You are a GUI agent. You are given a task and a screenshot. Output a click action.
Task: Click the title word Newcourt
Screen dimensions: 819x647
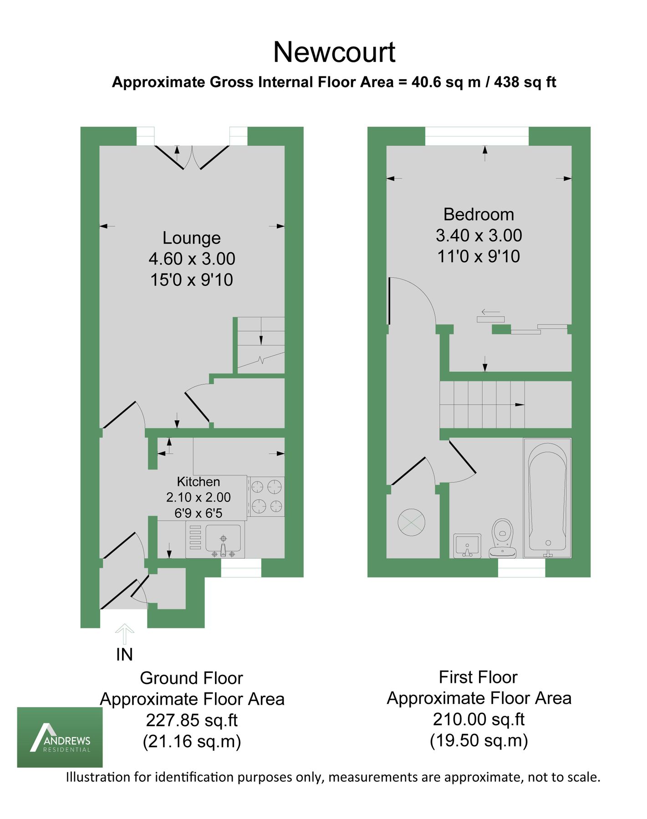click(x=334, y=52)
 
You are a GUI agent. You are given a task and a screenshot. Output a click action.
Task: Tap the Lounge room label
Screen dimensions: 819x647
click(x=191, y=238)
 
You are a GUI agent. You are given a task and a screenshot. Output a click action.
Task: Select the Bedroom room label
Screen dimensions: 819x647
click(x=479, y=214)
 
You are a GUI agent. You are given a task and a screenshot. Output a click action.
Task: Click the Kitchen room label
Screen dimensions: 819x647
click(x=198, y=481)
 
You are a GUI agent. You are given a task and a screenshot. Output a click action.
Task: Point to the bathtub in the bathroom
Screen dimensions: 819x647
click(x=547, y=498)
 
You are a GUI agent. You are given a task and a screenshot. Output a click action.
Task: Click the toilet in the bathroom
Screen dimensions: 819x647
click(x=502, y=537)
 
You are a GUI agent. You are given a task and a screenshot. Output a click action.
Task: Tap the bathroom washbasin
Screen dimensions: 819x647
click(x=467, y=545)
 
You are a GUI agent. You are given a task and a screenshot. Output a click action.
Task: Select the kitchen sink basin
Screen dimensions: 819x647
click(x=223, y=537)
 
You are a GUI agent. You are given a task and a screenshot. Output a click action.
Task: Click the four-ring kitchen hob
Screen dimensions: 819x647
click(x=266, y=496)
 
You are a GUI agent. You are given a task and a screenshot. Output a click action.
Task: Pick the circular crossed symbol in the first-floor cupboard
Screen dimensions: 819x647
click(x=412, y=522)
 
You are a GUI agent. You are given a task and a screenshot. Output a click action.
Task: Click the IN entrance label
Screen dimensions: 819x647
click(x=124, y=655)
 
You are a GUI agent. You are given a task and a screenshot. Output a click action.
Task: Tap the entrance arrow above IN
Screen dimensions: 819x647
click(x=124, y=634)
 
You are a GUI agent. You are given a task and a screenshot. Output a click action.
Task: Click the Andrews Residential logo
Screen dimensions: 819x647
click(x=60, y=737)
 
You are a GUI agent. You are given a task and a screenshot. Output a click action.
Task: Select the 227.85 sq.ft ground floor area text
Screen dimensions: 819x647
click(x=192, y=720)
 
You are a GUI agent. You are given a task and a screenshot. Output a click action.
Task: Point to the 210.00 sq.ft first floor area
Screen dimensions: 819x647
click(x=479, y=719)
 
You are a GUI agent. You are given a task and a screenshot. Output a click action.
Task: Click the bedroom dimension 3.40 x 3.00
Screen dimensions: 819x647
click(x=479, y=236)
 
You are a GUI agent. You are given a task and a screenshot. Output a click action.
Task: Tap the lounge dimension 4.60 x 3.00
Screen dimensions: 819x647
click(x=192, y=259)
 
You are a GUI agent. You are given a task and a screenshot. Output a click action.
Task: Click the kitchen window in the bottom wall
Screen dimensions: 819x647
click(x=241, y=567)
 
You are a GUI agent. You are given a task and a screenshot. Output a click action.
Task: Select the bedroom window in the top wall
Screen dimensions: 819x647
click(x=477, y=136)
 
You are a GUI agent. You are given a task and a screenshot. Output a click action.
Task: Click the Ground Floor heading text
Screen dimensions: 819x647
click(x=191, y=678)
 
